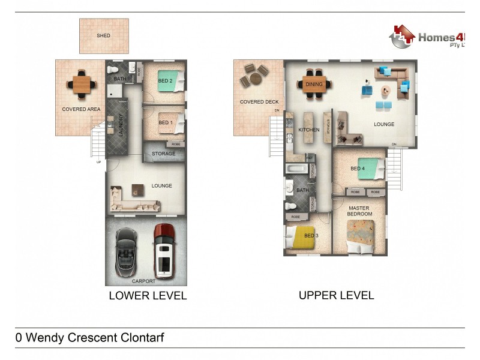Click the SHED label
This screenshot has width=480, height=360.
point(103,35)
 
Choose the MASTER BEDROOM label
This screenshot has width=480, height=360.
point(360,211)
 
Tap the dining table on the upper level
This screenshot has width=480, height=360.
point(314,85)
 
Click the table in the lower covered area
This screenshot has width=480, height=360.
point(82,84)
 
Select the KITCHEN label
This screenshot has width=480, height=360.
point(309,130)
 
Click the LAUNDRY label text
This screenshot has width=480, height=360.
point(121,125)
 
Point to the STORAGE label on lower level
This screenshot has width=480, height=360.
point(163,154)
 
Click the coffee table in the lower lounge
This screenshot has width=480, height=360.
point(138,190)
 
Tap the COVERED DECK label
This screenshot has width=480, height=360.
point(259,102)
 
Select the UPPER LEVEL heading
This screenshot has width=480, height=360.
point(336,295)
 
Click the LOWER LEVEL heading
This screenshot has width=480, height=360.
point(148,295)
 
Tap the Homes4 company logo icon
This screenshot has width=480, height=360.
point(402,37)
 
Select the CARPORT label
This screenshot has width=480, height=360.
point(143,281)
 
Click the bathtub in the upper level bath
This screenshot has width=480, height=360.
point(296,169)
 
